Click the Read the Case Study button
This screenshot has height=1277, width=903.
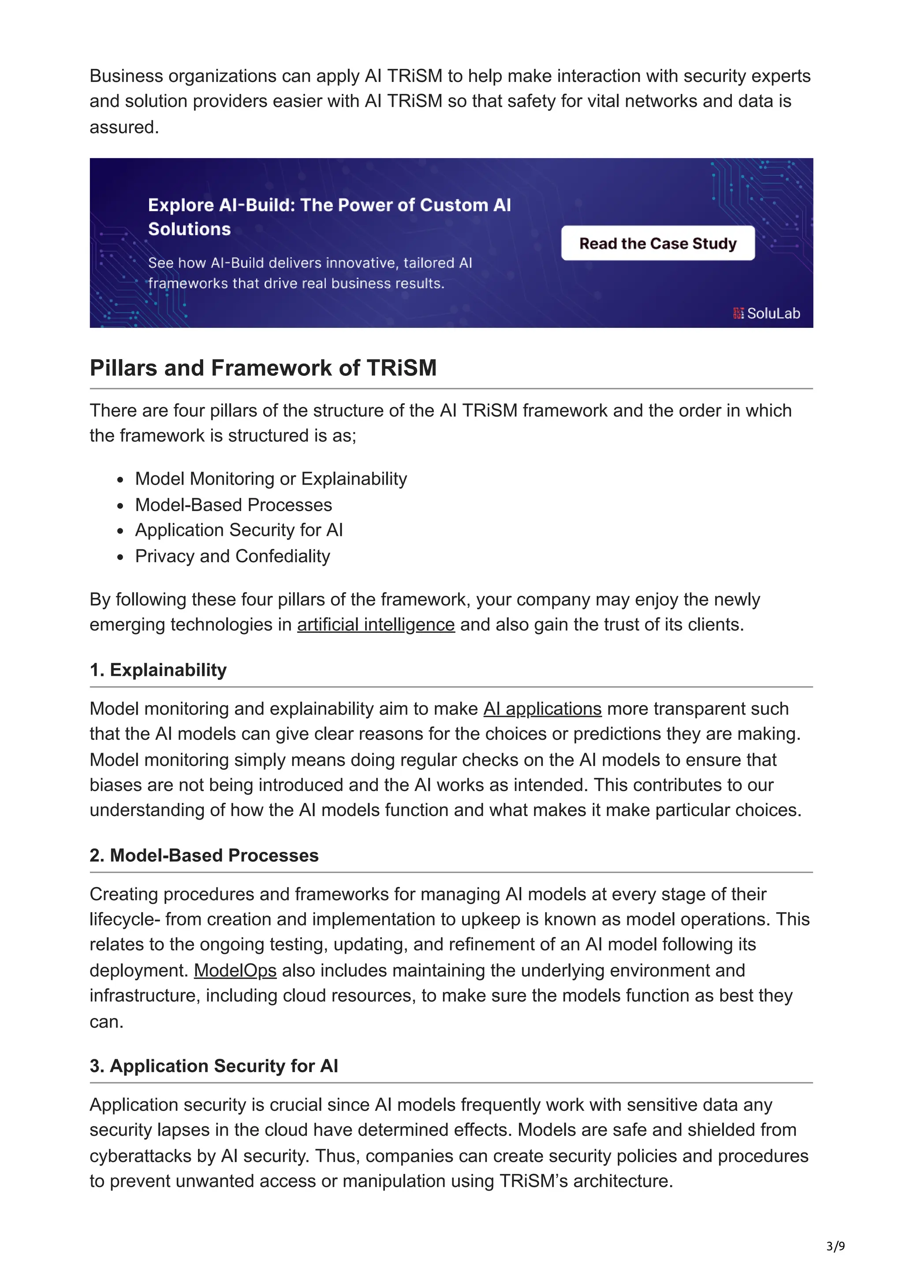point(658,243)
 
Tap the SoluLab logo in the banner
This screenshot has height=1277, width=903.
point(766,313)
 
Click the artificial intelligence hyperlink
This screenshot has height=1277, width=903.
point(376,624)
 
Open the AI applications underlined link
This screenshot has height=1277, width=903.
point(542,709)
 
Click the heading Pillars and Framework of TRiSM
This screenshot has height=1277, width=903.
point(263,368)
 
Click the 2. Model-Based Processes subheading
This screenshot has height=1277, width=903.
point(204,855)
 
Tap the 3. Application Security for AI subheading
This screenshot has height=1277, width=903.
point(214,1065)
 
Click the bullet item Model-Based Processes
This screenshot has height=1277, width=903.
point(233,505)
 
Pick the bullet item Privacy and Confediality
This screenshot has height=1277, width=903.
point(232,556)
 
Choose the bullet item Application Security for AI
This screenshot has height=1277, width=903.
point(239,530)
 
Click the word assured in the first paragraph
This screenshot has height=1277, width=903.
point(124,127)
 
